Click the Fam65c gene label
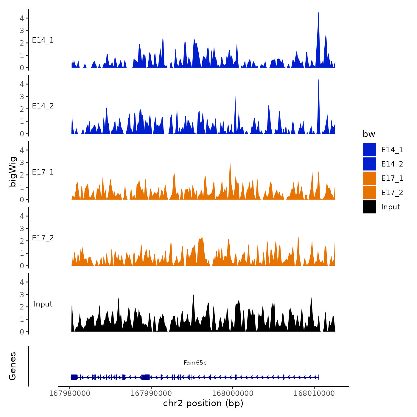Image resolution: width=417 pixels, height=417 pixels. pyautogui.click(x=195, y=362)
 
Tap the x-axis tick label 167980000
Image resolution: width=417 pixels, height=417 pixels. pyautogui.click(x=69, y=393)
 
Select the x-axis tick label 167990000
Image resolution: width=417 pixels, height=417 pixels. pyautogui.click(x=151, y=393)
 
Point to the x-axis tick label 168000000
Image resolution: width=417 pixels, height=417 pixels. pyautogui.click(x=233, y=393)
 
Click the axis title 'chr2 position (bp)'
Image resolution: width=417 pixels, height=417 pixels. pyautogui.click(x=203, y=403)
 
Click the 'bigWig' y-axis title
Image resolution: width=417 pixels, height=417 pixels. pyautogui.click(x=13, y=172)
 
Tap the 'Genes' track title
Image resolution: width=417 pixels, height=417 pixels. pyautogui.click(x=13, y=366)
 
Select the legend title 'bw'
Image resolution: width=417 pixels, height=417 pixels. pyautogui.click(x=369, y=134)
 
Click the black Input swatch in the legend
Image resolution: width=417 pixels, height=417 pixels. pyautogui.click(x=369, y=207)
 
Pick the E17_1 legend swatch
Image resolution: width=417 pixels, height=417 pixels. pyautogui.click(x=369, y=178)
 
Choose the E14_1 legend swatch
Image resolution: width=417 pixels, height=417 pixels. pyautogui.click(x=369, y=150)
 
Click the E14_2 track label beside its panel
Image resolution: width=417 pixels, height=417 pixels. pyautogui.click(x=43, y=106)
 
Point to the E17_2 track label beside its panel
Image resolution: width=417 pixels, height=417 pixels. pyautogui.click(x=43, y=238)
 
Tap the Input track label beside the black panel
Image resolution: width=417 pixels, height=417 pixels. pyautogui.click(x=43, y=304)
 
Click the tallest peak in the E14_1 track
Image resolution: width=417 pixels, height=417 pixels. pyautogui.click(x=318, y=13)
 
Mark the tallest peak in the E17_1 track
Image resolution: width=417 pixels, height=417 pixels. pyautogui.click(x=230, y=163)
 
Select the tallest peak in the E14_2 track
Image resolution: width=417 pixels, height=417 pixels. pyautogui.click(x=318, y=80)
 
